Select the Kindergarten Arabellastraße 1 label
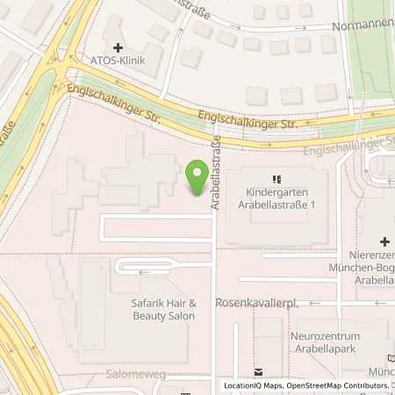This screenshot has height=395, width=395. coord(276,199)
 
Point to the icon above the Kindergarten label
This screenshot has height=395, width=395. coord(276,177)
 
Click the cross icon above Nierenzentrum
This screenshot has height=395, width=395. coord(384,241)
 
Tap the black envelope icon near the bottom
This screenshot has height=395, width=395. coord(258,373)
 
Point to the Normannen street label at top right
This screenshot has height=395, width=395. coord(363,26)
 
